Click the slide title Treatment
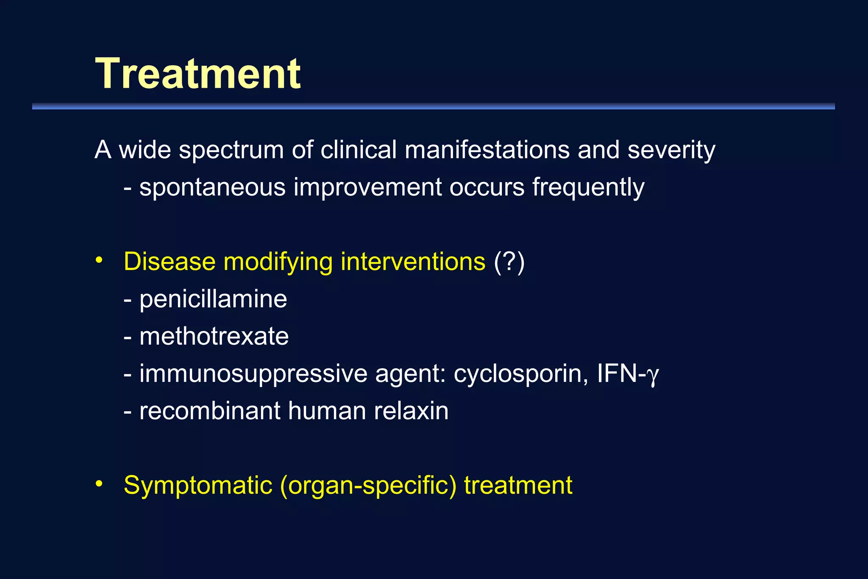pyautogui.click(x=198, y=74)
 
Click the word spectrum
pyautogui.click(x=231, y=150)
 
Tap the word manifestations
pyautogui.click(x=487, y=150)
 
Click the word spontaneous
pyautogui.click(x=212, y=188)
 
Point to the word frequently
pyautogui.click(x=588, y=188)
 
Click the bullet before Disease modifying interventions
pyautogui.click(x=99, y=260)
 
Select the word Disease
pyautogui.click(x=170, y=262)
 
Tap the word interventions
pyautogui.click(x=413, y=262)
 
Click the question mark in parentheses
pyautogui.click(x=509, y=262)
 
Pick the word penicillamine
pyautogui.click(x=213, y=299)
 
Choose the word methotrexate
pyautogui.click(x=214, y=337)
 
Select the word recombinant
pyautogui.click(x=210, y=411)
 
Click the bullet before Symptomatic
pyautogui.click(x=99, y=484)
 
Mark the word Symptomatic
pyautogui.click(x=198, y=485)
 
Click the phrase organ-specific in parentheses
pyautogui.click(x=368, y=485)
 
